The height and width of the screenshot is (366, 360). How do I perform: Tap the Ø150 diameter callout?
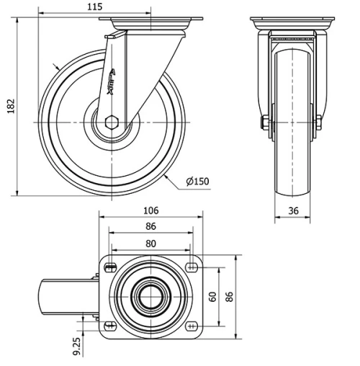197,182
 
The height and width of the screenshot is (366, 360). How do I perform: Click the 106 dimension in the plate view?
150,211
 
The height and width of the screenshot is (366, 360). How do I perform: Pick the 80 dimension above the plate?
150,244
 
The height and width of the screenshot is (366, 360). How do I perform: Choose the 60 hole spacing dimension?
212,297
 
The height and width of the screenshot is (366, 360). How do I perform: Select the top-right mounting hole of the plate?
192,268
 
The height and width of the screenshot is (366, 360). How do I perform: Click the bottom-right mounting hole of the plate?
192,326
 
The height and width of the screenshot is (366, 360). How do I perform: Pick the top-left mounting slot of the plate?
109,268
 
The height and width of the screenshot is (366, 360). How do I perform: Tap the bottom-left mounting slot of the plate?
109,326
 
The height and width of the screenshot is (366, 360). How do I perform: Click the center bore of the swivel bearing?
150,297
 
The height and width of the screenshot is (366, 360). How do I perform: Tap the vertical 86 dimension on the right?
230,297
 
